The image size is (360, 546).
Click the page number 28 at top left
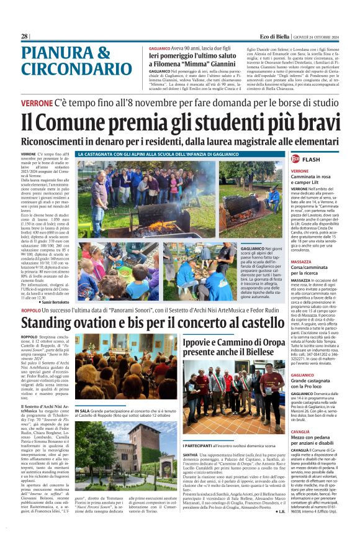(x=24, y=37)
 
